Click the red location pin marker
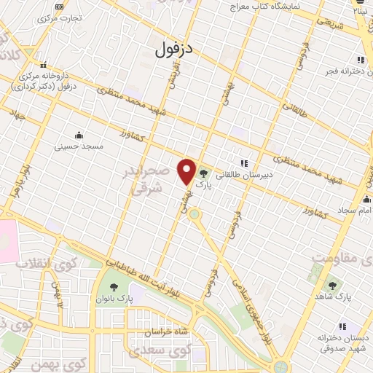[186, 171]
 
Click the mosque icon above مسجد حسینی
[79, 135]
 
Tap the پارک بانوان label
[115, 299]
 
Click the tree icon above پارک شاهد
[333, 286]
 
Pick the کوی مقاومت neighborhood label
[342, 257]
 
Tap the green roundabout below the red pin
[194, 214]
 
